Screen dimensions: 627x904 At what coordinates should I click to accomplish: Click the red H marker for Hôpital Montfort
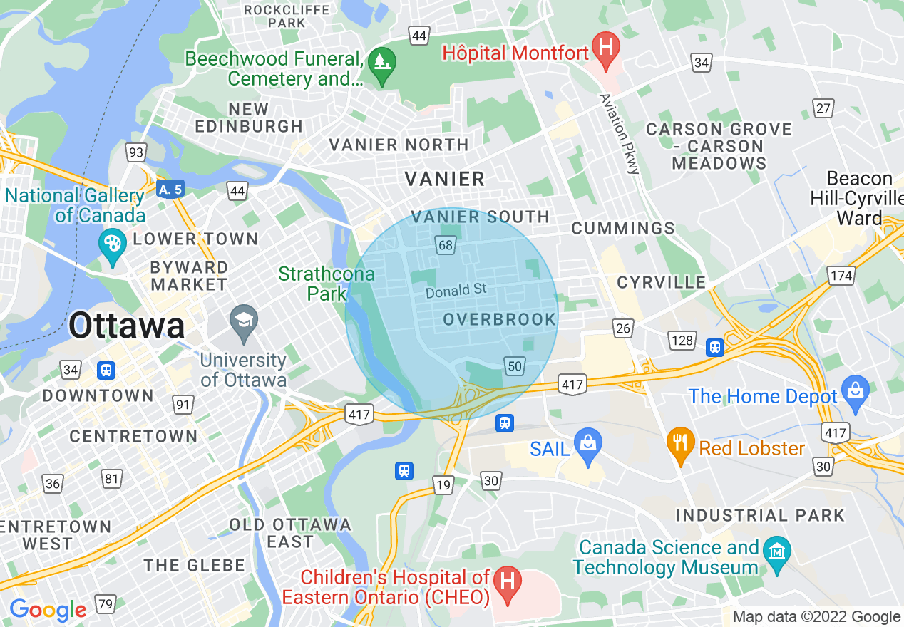coord(605,49)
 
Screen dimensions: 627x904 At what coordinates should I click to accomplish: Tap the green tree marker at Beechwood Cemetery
coord(383,65)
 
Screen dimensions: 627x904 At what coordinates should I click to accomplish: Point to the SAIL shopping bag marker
coord(588,446)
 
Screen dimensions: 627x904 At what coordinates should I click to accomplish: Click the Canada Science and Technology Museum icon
coord(775,553)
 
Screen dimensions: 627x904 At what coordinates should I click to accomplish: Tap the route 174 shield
coord(841,276)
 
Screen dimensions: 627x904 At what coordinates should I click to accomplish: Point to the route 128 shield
coord(682,340)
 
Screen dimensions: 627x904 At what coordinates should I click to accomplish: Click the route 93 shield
coord(135,152)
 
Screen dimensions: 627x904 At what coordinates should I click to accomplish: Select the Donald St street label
coord(456,290)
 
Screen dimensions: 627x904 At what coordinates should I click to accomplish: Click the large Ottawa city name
coord(128,326)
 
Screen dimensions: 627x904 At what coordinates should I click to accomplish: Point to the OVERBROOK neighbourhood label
coord(499,319)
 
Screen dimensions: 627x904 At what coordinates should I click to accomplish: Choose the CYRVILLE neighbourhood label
coord(661,282)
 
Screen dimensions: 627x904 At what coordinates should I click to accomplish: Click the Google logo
coord(47,610)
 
